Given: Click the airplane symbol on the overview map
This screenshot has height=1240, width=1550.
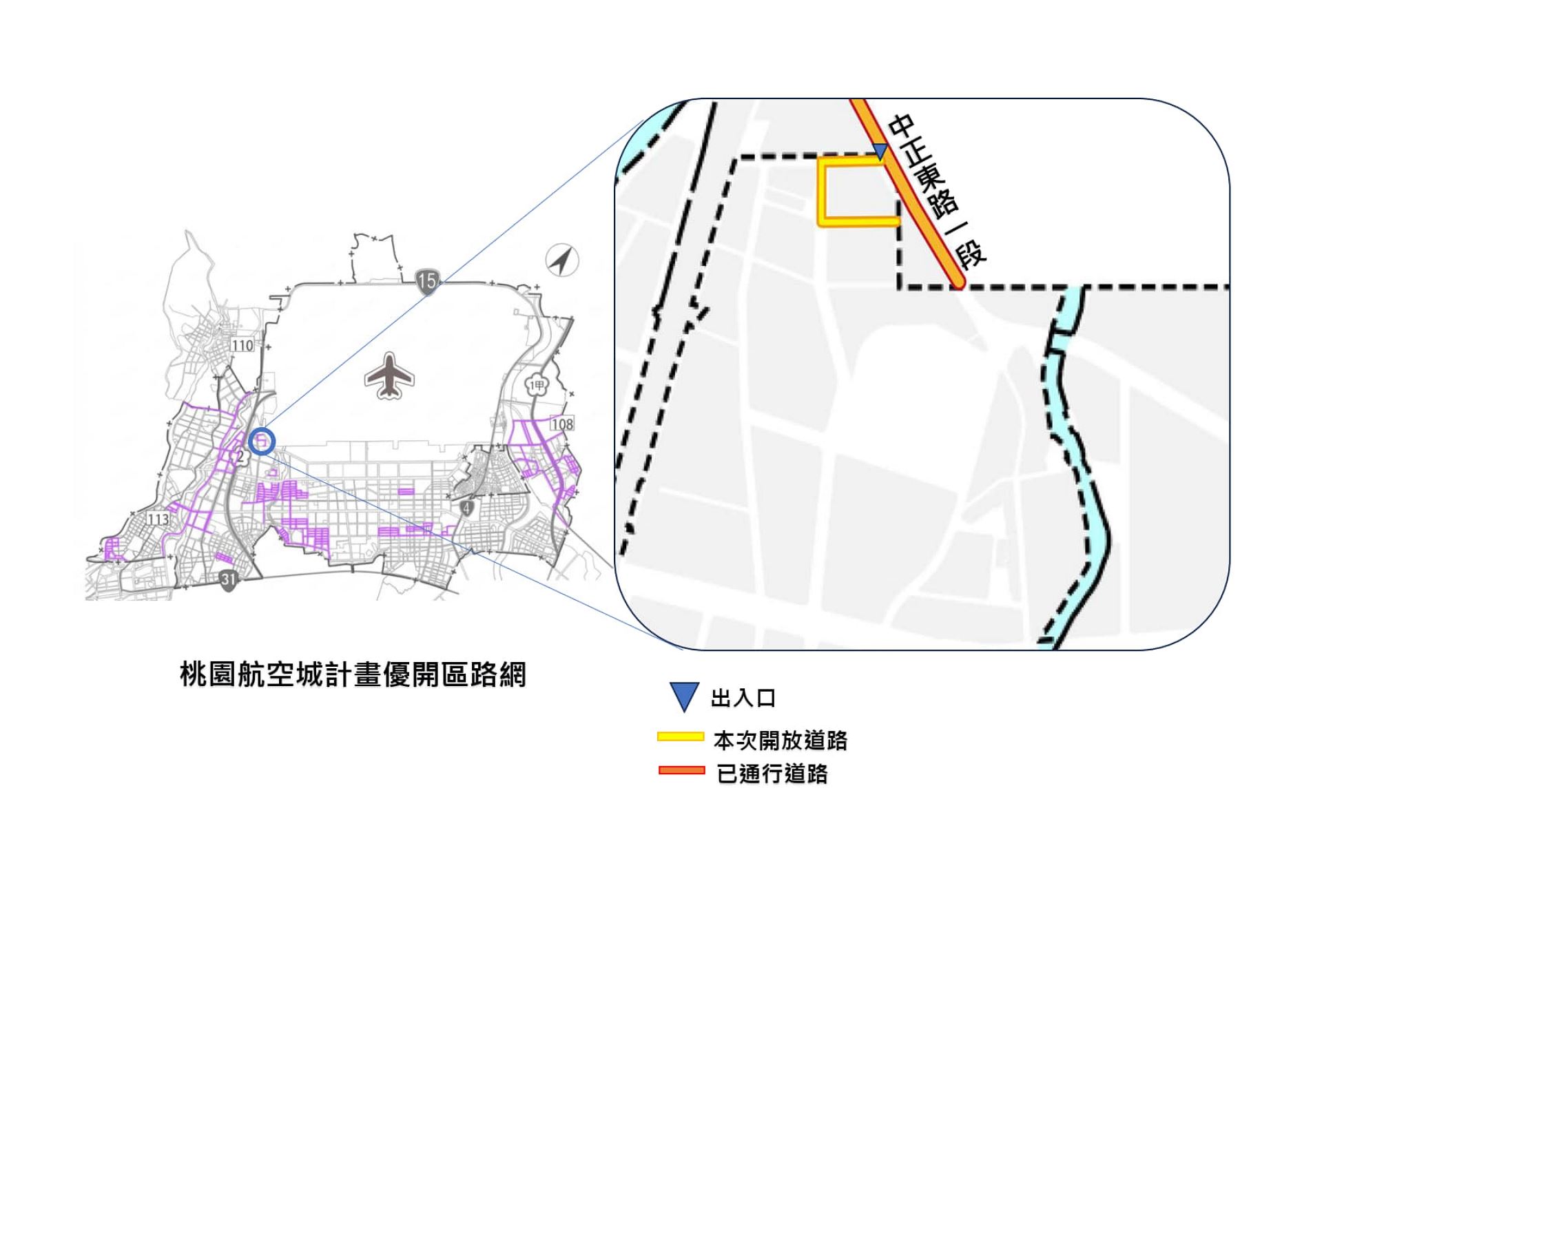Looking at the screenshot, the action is pyautogui.click(x=389, y=376).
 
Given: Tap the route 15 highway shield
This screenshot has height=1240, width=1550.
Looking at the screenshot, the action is pyautogui.click(x=427, y=280).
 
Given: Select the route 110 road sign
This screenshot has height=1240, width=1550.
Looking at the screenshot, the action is pyautogui.click(x=242, y=345).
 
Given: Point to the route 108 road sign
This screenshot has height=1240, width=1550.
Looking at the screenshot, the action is pyautogui.click(x=562, y=424).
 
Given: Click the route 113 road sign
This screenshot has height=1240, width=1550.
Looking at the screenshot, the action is pyautogui.click(x=158, y=519).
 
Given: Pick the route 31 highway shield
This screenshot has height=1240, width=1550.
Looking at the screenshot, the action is pyautogui.click(x=229, y=579).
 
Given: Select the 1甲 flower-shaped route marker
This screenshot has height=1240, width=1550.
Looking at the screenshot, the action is pyautogui.click(x=537, y=386).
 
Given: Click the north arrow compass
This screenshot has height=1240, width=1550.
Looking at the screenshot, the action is pyautogui.click(x=562, y=260).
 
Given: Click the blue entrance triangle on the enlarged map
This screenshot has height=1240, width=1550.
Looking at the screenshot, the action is pyautogui.click(x=879, y=150).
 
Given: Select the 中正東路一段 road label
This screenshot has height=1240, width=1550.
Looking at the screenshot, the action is pyautogui.click(x=937, y=191).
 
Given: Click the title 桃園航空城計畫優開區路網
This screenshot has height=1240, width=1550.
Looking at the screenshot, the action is pyautogui.click(x=353, y=674).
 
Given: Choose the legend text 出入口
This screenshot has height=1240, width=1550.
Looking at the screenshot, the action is pyautogui.click(x=743, y=698).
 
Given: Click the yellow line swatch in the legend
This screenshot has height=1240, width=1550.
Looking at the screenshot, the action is pyautogui.click(x=680, y=737).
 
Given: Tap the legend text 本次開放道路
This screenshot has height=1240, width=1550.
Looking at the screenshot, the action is pyautogui.click(x=781, y=740).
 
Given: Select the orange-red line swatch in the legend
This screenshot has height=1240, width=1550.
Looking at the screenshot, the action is pyautogui.click(x=681, y=771).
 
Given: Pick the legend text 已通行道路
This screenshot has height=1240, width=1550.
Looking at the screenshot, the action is pyautogui.click(x=773, y=774).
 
